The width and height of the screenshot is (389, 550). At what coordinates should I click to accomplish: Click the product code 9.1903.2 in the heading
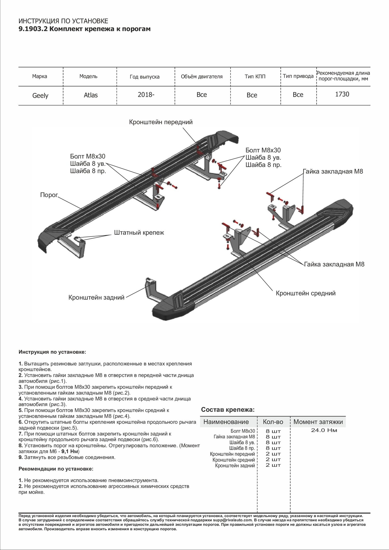click(33, 29)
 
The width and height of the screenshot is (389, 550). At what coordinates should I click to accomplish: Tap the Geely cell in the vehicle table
click(40, 95)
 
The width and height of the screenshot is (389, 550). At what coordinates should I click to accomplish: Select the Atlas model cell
click(91, 95)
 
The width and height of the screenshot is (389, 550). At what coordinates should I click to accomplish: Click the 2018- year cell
click(146, 95)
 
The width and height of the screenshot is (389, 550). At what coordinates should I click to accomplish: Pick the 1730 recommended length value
click(342, 94)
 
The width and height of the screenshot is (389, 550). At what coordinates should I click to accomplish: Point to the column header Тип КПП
click(255, 76)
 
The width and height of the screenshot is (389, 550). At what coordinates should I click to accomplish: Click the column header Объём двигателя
click(202, 76)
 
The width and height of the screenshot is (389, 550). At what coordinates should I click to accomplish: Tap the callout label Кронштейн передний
click(161, 122)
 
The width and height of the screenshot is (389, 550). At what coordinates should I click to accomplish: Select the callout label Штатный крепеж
click(139, 233)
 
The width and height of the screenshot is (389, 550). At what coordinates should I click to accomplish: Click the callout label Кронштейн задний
click(96, 297)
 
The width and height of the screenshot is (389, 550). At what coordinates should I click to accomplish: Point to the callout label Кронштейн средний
click(305, 293)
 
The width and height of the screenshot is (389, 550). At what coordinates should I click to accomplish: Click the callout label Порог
click(48, 195)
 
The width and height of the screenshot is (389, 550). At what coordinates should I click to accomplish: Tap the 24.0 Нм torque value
click(324, 430)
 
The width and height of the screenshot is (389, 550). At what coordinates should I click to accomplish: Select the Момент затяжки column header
click(318, 422)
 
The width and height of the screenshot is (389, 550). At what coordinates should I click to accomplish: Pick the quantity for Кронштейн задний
click(273, 465)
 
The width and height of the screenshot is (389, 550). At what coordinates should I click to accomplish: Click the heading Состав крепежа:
click(228, 410)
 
